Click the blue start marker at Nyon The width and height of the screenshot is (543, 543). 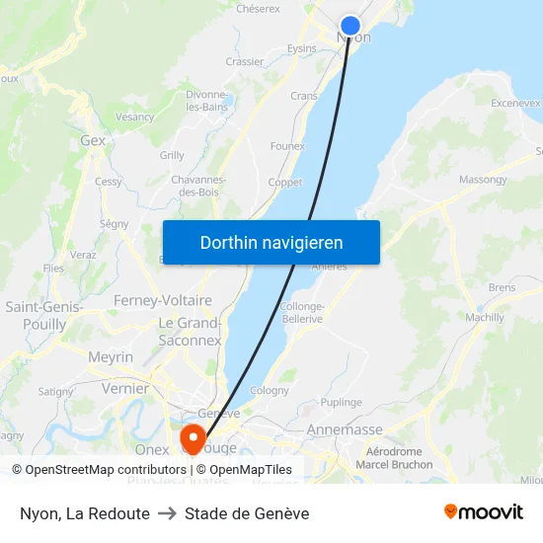click(x=350, y=26)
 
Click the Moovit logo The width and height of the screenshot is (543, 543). click(x=484, y=512)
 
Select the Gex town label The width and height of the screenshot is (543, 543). click(x=93, y=141)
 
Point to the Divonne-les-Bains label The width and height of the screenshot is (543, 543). click(x=207, y=101)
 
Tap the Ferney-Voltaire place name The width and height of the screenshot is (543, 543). click(x=163, y=300)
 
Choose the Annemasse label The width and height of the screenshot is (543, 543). click(x=345, y=430)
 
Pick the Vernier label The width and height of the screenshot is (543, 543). click(x=125, y=389)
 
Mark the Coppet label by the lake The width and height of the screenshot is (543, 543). click(x=285, y=183)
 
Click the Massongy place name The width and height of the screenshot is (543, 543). click(x=483, y=181)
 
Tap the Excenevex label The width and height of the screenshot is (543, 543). click(x=515, y=103)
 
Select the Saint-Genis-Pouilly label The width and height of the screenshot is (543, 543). click(x=43, y=316)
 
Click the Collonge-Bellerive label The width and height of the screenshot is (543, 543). click(x=302, y=313)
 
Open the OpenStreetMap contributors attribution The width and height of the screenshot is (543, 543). click(x=99, y=470)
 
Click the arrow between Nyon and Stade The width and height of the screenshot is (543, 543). click(x=167, y=513)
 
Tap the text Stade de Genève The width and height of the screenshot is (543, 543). click(x=247, y=513)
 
